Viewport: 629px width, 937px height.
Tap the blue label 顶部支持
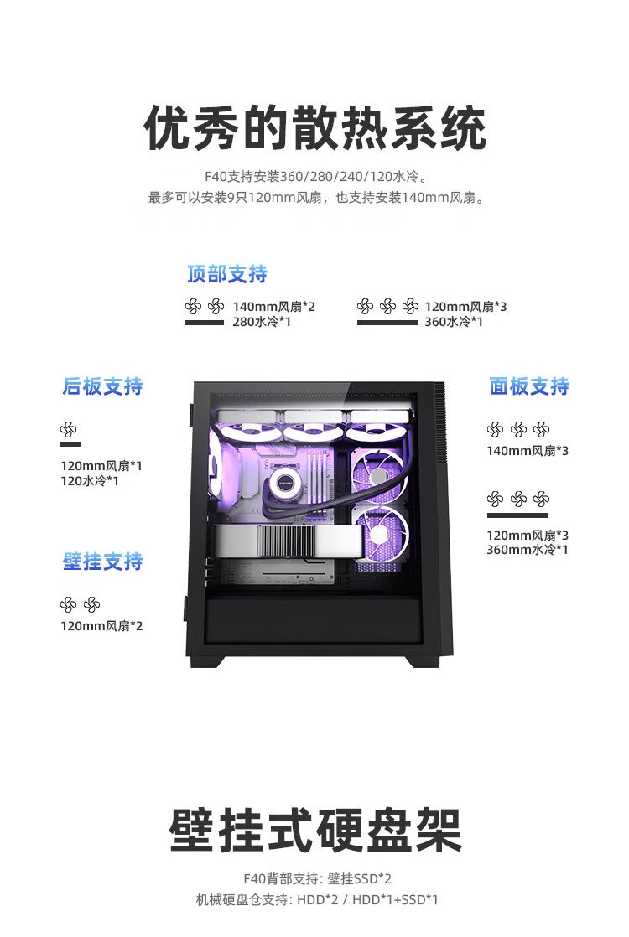[x=226, y=274]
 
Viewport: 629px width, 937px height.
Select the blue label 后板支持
[x=102, y=386]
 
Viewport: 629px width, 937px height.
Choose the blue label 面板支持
[x=528, y=386]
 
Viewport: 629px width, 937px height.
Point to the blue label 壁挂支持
[x=102, y=562]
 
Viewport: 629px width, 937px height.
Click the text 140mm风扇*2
[x=273, y=307]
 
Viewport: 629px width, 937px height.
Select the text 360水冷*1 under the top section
[x=453, y=322]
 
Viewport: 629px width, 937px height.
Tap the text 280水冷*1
[x=261, y=322]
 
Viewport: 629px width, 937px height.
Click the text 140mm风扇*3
[x=528, y=451]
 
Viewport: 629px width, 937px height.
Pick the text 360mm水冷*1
[x=528, y=550]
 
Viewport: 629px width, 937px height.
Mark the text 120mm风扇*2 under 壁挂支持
[x=101, y=625]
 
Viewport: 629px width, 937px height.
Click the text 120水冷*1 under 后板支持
[x=89, y=481]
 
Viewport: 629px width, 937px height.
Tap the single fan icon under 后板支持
[x=69, y=431]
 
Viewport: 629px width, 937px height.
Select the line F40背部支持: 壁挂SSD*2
[x=317, y=878]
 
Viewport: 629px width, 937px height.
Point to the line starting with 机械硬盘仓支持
[x=317, y=900]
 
